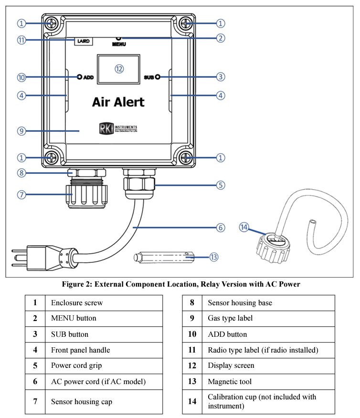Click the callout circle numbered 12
[119, 69]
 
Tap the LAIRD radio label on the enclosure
[83, 41]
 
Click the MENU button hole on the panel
[118, 38]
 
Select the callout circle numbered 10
[21, 77]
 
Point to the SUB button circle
[157, 77]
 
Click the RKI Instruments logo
[118, 129]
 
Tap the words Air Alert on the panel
[118, 102]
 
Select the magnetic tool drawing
[165, 257]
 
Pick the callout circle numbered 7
[21, 194]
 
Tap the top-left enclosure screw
[52, 23]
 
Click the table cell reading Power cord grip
[76, 365]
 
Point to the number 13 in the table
[192, 381]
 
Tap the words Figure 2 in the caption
[77, 284]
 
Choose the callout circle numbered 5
[220, 185]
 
